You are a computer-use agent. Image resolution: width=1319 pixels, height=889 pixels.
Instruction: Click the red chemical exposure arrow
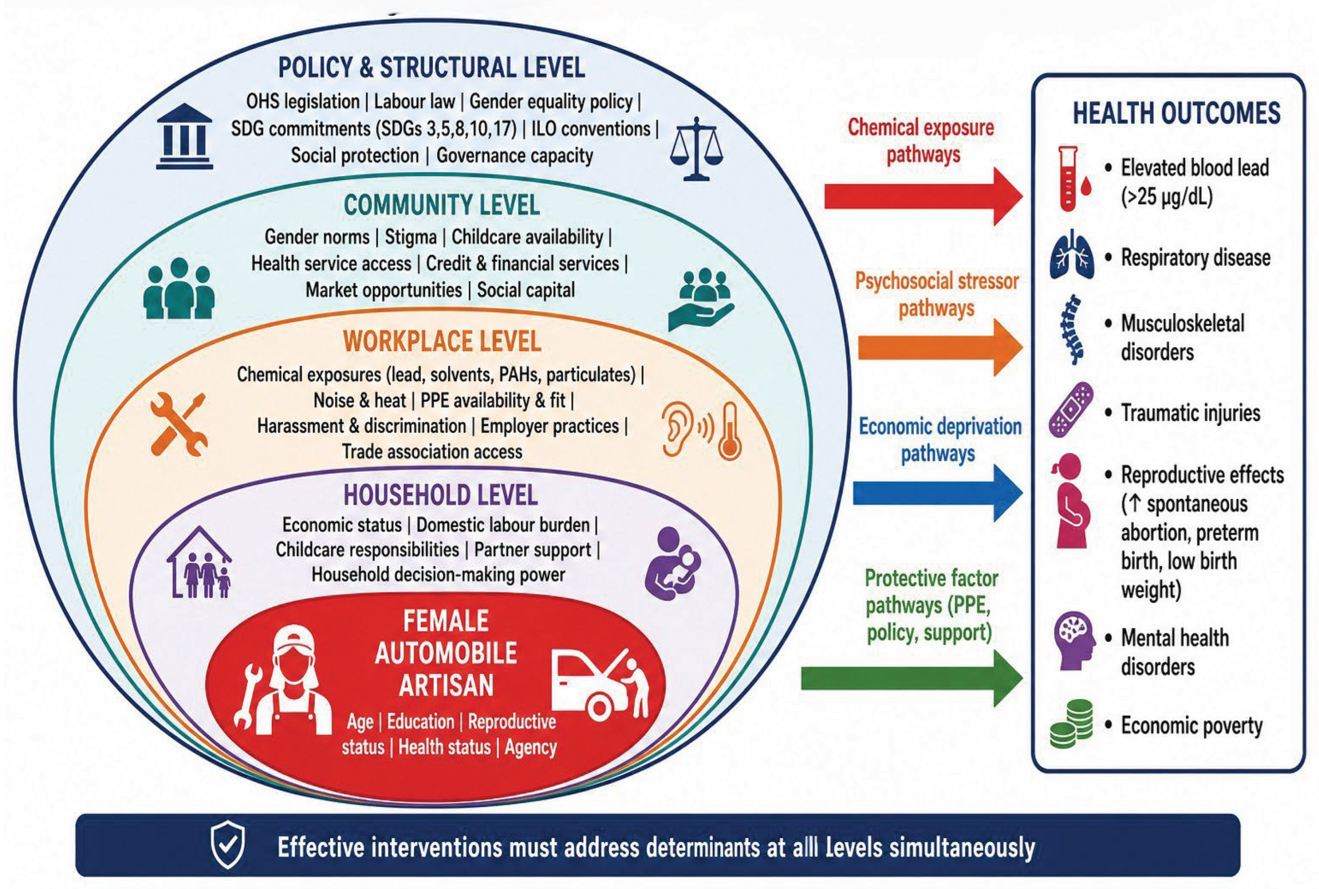[x=923, y=197]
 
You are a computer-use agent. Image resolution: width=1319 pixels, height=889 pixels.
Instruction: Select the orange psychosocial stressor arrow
[x=940, y=347]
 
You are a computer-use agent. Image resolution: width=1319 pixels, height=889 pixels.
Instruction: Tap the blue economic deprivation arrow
[x=938, y=493]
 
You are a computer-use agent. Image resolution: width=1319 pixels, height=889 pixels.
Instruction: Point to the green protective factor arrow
[x=912, y=678]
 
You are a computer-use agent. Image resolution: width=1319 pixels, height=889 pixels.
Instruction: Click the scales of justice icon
[x=697, y=148]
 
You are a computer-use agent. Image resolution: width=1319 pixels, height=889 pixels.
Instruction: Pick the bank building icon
[x=184, y=136]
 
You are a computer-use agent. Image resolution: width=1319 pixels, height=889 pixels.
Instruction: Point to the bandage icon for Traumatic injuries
[x=1071, y=409]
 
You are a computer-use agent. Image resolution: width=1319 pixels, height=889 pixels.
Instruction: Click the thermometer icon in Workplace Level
[x=730, y=431]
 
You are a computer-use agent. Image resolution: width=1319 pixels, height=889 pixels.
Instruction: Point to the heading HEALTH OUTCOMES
[x=1177, y=113]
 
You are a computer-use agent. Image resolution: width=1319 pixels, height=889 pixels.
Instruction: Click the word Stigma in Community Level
[x=410, y=236]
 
